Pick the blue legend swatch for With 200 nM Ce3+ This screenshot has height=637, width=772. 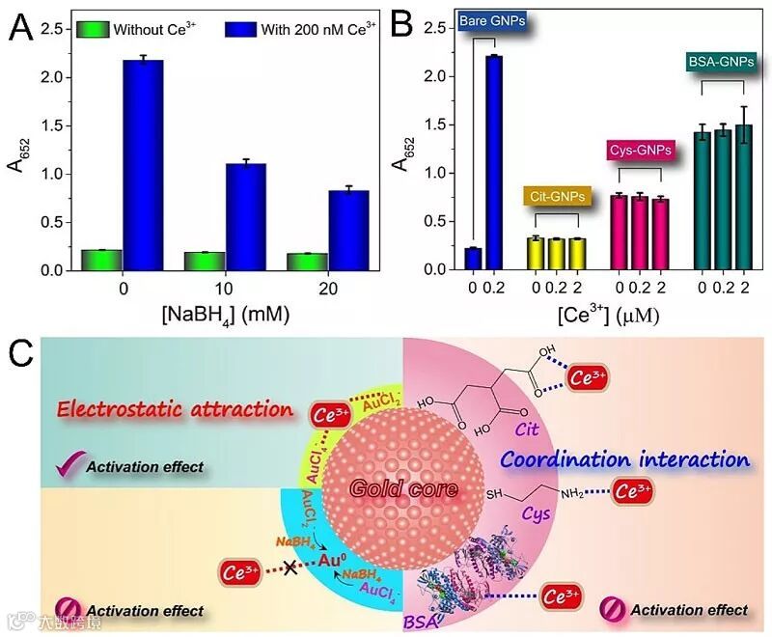click(x=240, y=30)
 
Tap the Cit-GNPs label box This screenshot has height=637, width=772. click(x=557, y=196)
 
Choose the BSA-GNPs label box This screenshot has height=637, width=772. click(x=723, y=64)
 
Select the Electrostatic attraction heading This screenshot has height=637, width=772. click(x=175, y=408)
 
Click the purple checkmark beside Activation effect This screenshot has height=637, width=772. click(x=67, y=466)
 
